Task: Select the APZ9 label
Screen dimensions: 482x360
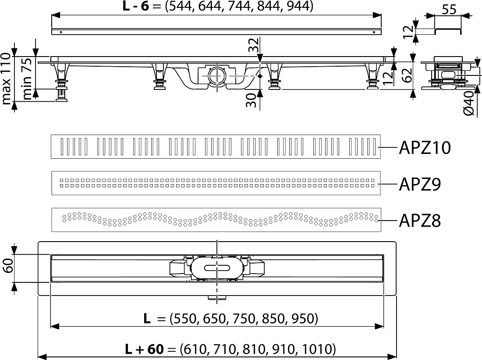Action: coord(420,184)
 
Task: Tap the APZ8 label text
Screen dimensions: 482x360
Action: coord(420,221)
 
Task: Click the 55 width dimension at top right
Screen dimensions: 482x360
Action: coord(449,10)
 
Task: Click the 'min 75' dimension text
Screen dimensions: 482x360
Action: coord(27,79)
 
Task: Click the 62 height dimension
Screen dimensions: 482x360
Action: coord(408,75)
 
